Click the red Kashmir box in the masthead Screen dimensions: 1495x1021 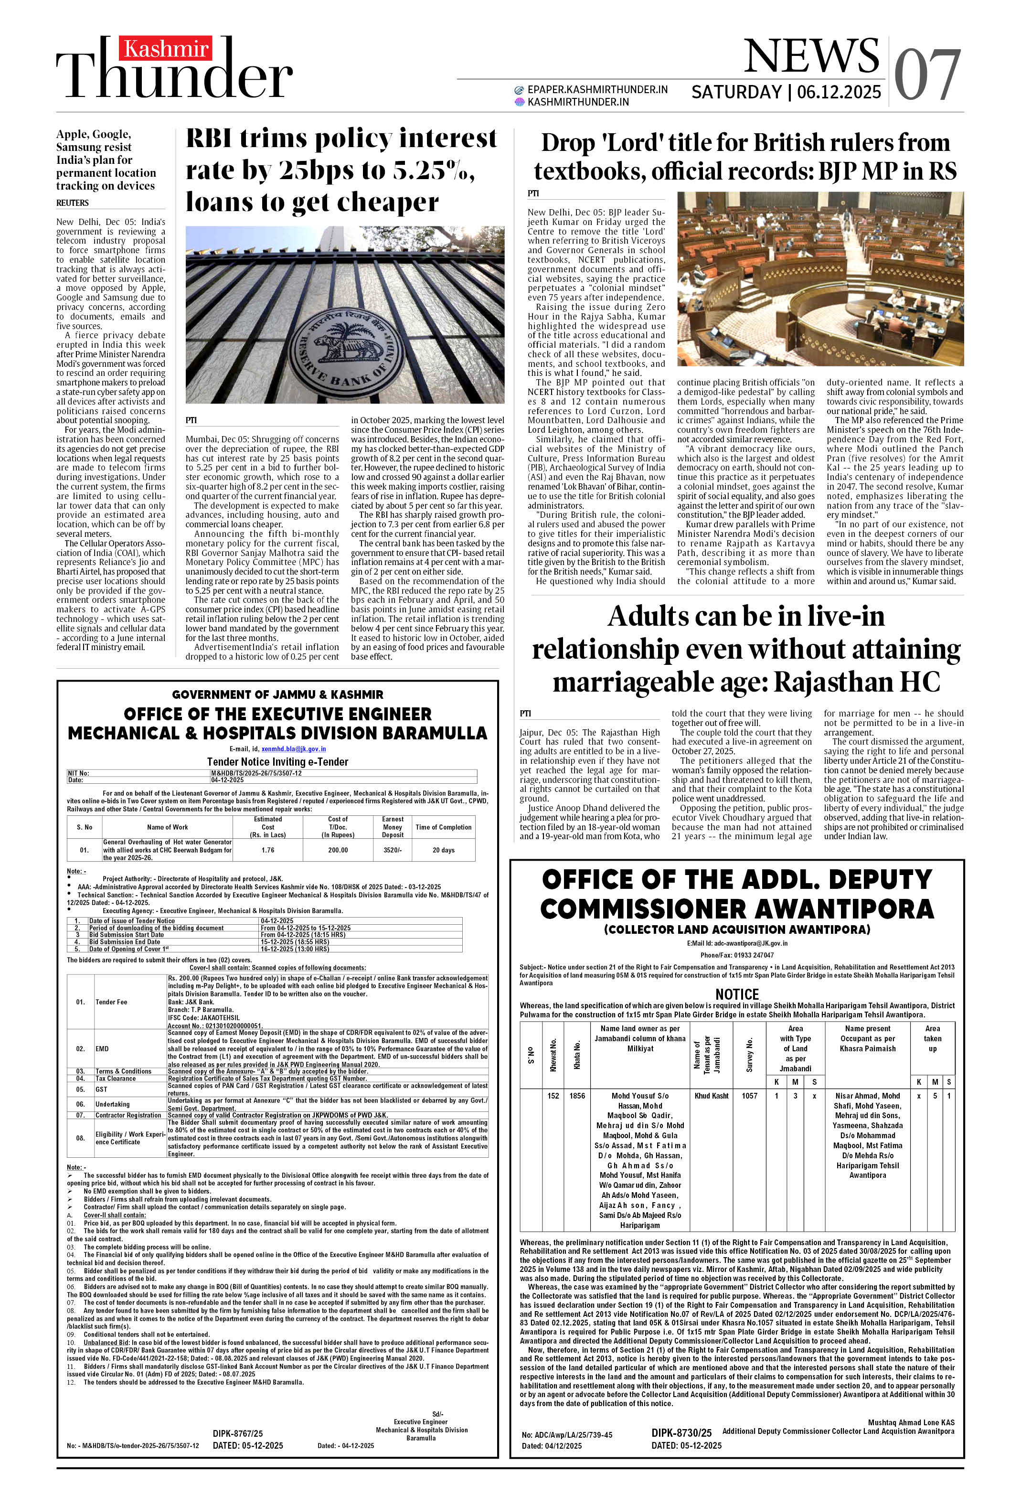click(x=166, y=49)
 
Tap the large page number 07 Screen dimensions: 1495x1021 click(x=926, y=76)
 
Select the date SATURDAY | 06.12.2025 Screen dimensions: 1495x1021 click(x=786, y=93)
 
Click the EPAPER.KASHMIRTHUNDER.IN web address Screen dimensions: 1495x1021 click(x=596, y=89)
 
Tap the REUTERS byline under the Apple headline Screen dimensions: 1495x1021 click(x=72, y=203)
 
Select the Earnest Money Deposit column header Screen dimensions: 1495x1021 click(x=393, y=827)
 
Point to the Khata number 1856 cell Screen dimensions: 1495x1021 click(x=577, y=1096)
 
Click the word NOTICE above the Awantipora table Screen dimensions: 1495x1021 click(x=737, y=994)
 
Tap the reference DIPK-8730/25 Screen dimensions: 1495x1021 click(x=681, y=1432)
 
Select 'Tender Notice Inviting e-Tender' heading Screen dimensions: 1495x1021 click(x=277, y=762)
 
